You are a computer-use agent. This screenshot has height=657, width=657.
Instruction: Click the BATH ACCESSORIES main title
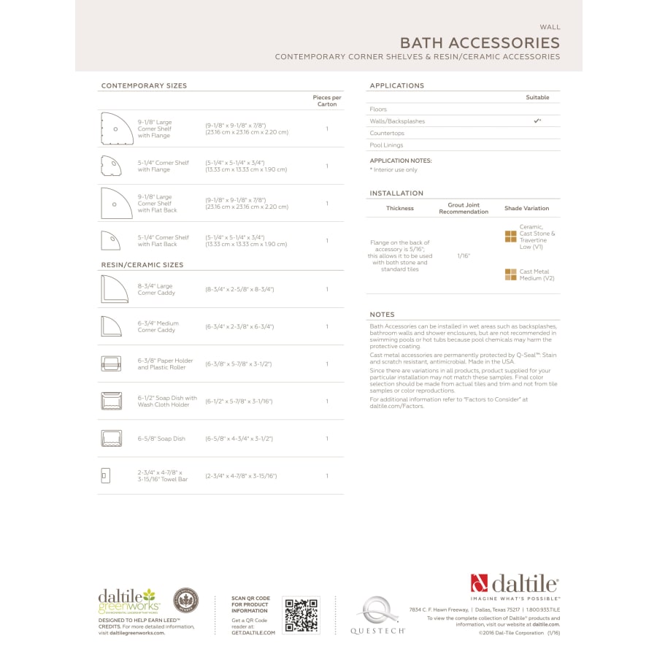point(480,42)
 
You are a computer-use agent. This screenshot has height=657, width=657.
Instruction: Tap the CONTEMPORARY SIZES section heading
point(144,85)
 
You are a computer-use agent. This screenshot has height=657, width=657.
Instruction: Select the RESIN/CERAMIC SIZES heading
point(142,265)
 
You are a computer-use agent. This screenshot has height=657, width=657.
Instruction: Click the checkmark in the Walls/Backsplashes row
point(537,120)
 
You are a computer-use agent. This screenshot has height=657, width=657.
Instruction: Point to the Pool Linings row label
point(386,145)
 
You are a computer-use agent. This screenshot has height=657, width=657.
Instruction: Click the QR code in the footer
point(301,615)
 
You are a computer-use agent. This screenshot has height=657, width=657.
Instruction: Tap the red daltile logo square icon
point(479,583)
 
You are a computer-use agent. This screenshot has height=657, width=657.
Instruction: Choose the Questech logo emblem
point(377,610)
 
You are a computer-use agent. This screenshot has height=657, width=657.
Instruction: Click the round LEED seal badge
point(185,601)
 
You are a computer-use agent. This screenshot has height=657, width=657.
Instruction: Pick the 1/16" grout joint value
point(464,256)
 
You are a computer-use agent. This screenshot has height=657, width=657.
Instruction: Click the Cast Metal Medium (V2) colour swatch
point(510,274)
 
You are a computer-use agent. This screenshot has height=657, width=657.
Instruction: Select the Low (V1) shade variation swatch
point(510,237)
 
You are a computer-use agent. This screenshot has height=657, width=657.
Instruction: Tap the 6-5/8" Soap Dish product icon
point(111,438)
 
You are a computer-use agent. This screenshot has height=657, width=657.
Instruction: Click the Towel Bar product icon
point(104,476)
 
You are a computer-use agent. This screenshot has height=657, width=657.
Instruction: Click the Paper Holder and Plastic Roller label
point(166,364)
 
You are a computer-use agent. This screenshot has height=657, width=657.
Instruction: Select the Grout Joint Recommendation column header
point(464,208)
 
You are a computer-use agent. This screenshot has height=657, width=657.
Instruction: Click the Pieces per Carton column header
point(327,101)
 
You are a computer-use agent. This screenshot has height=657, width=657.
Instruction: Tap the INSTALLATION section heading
point(396,193)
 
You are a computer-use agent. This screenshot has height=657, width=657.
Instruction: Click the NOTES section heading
point(383,315)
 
